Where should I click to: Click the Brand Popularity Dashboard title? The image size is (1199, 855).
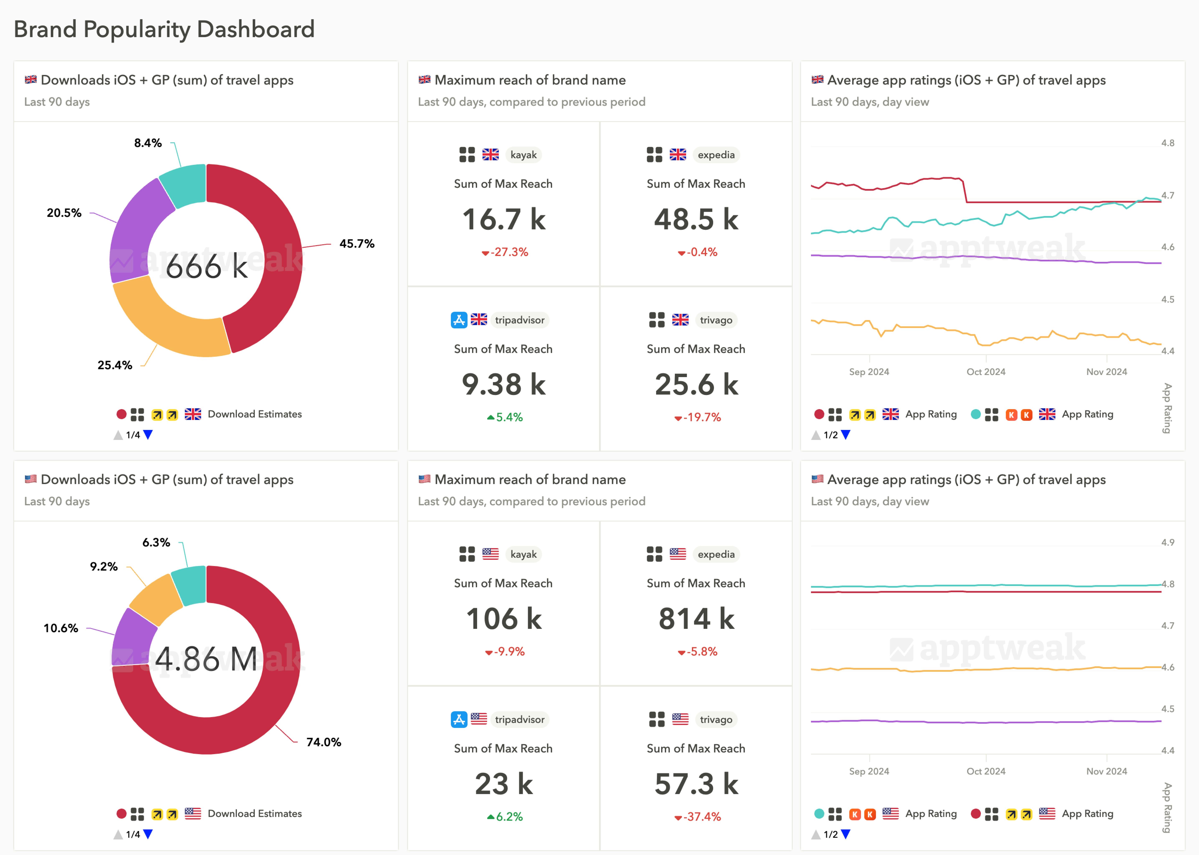point(164,29)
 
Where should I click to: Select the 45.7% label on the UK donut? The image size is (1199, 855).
point(357,244)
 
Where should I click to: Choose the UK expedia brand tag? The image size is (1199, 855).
point(716,155)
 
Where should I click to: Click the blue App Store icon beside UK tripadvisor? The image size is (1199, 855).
point(459,320)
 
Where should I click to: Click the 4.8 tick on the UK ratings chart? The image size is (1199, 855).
point(1167,143)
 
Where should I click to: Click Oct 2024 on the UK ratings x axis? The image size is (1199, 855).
point(986,372)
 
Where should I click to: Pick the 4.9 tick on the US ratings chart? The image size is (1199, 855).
point(1167,542)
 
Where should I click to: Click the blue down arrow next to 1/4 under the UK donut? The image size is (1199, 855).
point(148,435)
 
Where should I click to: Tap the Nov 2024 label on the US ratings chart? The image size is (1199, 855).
point(1106,771)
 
